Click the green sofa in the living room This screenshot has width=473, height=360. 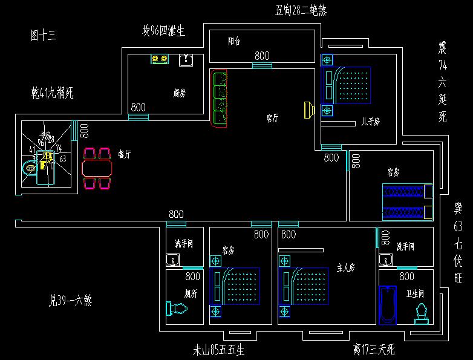click(x=218, y=97)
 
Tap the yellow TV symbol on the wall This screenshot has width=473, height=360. click(x=308, y=110)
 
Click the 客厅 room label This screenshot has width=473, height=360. click(x=272, y=119)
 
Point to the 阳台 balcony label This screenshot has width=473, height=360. click(x=234, y=42)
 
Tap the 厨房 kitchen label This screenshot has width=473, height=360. click(x=179, y=93)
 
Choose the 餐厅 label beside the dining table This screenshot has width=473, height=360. click(x=125, y=154)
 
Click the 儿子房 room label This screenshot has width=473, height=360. click(x=370, y=122)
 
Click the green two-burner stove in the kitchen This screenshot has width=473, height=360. click(x=160, y=59)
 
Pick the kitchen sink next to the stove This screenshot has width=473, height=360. click(x=186, y=60)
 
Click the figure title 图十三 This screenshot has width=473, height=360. click(x=42, y=34)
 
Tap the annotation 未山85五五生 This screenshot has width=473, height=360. click(x=218, y=349)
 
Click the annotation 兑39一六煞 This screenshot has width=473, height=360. click(x=70, y=299)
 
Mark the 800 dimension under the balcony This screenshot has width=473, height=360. click(x=262, y=56)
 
